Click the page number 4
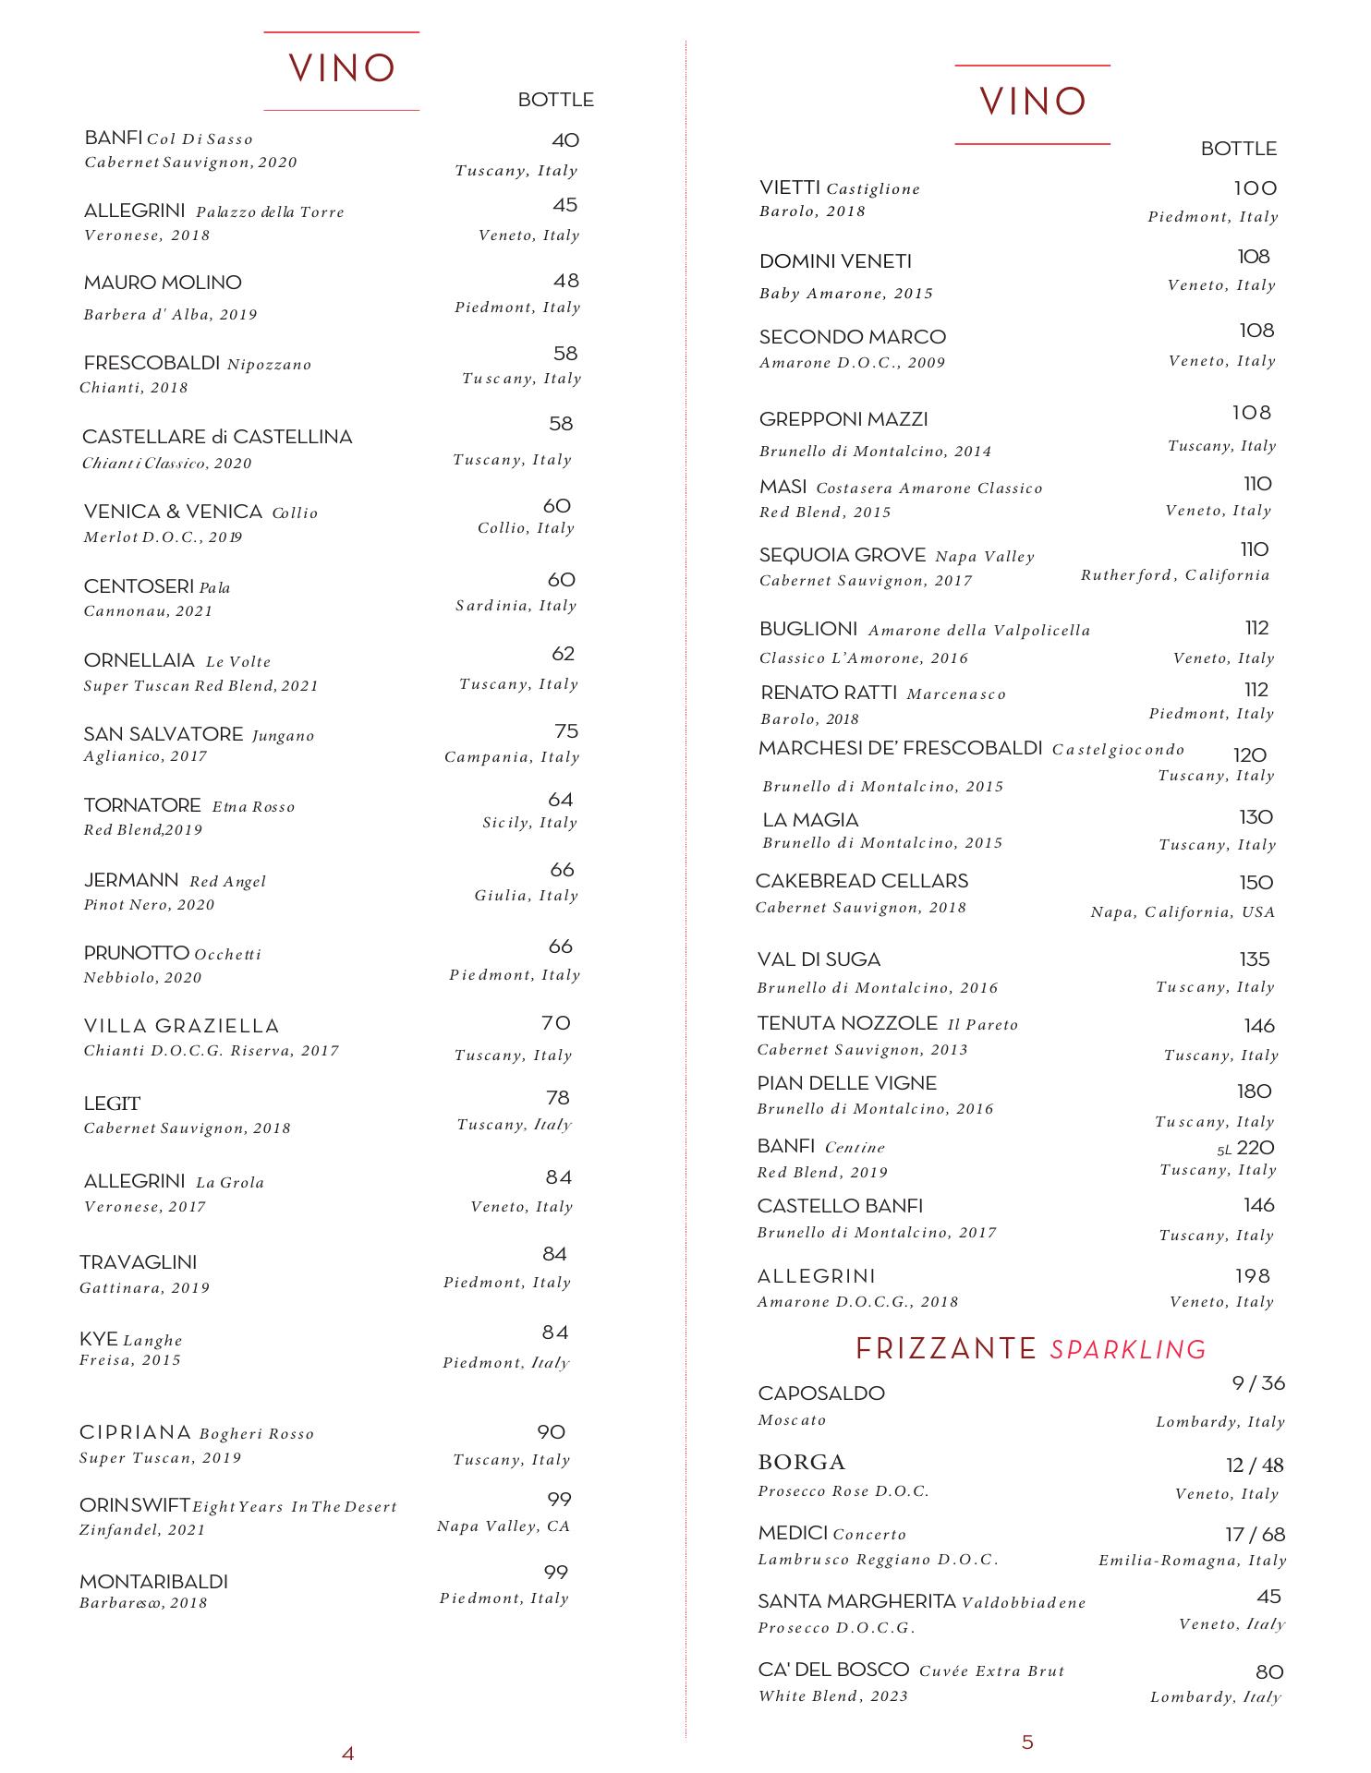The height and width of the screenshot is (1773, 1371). [x=347, y=1753]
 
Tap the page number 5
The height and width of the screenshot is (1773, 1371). [x=1027, y=1742]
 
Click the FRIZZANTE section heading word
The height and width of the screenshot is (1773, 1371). [x=946, y=1349]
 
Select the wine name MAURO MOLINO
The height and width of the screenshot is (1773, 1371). [x=163, y=283]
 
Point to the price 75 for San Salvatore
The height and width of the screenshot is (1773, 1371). [x=566, y=731]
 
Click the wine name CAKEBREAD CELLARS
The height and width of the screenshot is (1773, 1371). [x=862, y=881]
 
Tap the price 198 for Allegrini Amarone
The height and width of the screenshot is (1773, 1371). [x=1254, y=1276]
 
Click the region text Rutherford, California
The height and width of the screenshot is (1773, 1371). [x=1175, y=575]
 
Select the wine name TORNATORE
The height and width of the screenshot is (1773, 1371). [x=142, y=805]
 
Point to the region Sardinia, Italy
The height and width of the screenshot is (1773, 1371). [x=516, y=606]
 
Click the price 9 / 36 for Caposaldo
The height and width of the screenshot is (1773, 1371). [x=1258, y=1383]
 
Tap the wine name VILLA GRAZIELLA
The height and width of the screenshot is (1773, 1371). [x=181, y=1026]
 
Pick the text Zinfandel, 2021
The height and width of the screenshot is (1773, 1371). [x=142, y=1530]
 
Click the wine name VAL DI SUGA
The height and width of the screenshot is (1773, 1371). [x=819, y=959]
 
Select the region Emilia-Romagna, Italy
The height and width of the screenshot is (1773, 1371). [x=1192, y=1561]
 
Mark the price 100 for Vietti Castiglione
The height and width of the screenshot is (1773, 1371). [x=1256, y=188]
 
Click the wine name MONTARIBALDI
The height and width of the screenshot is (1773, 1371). [x=153, y=1582]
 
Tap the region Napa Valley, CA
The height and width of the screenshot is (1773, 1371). [x=504, y=1526]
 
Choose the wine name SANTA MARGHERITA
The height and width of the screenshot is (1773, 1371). [x=856, y=1601]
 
